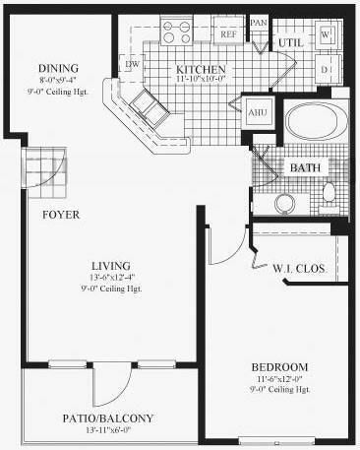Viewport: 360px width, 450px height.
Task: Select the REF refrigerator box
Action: (x=227, y=33)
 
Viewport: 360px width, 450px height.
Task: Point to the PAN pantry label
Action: (x=259, y=22)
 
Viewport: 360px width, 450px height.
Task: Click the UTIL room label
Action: (x=290, y=44)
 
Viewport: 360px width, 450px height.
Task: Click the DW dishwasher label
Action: (x=132, y=65)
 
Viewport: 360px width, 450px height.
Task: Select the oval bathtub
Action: (x=316, y=125)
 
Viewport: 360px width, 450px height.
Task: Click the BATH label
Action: (x=305, y=168)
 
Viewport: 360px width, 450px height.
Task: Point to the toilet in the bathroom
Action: (x=330, y=191)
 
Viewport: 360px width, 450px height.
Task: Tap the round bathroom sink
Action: (x=286, y=204)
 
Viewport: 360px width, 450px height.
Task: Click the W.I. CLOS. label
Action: (x=299, y=269)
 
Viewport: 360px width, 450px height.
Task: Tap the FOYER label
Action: (x=60, y=214)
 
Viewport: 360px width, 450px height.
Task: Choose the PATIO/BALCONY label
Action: (x=109, y=418)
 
